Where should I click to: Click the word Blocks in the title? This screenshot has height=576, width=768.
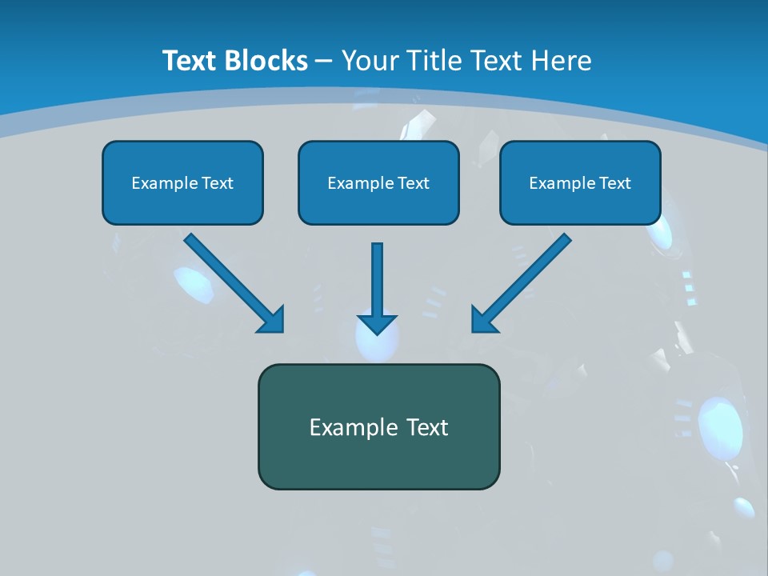(265, 61)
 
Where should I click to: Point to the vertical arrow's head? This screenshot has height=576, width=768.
(377, 324)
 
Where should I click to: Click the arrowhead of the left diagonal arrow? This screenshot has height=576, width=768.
(272, 320)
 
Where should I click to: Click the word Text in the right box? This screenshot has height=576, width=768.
(615, 183)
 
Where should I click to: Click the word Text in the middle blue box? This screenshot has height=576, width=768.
(414, 183)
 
